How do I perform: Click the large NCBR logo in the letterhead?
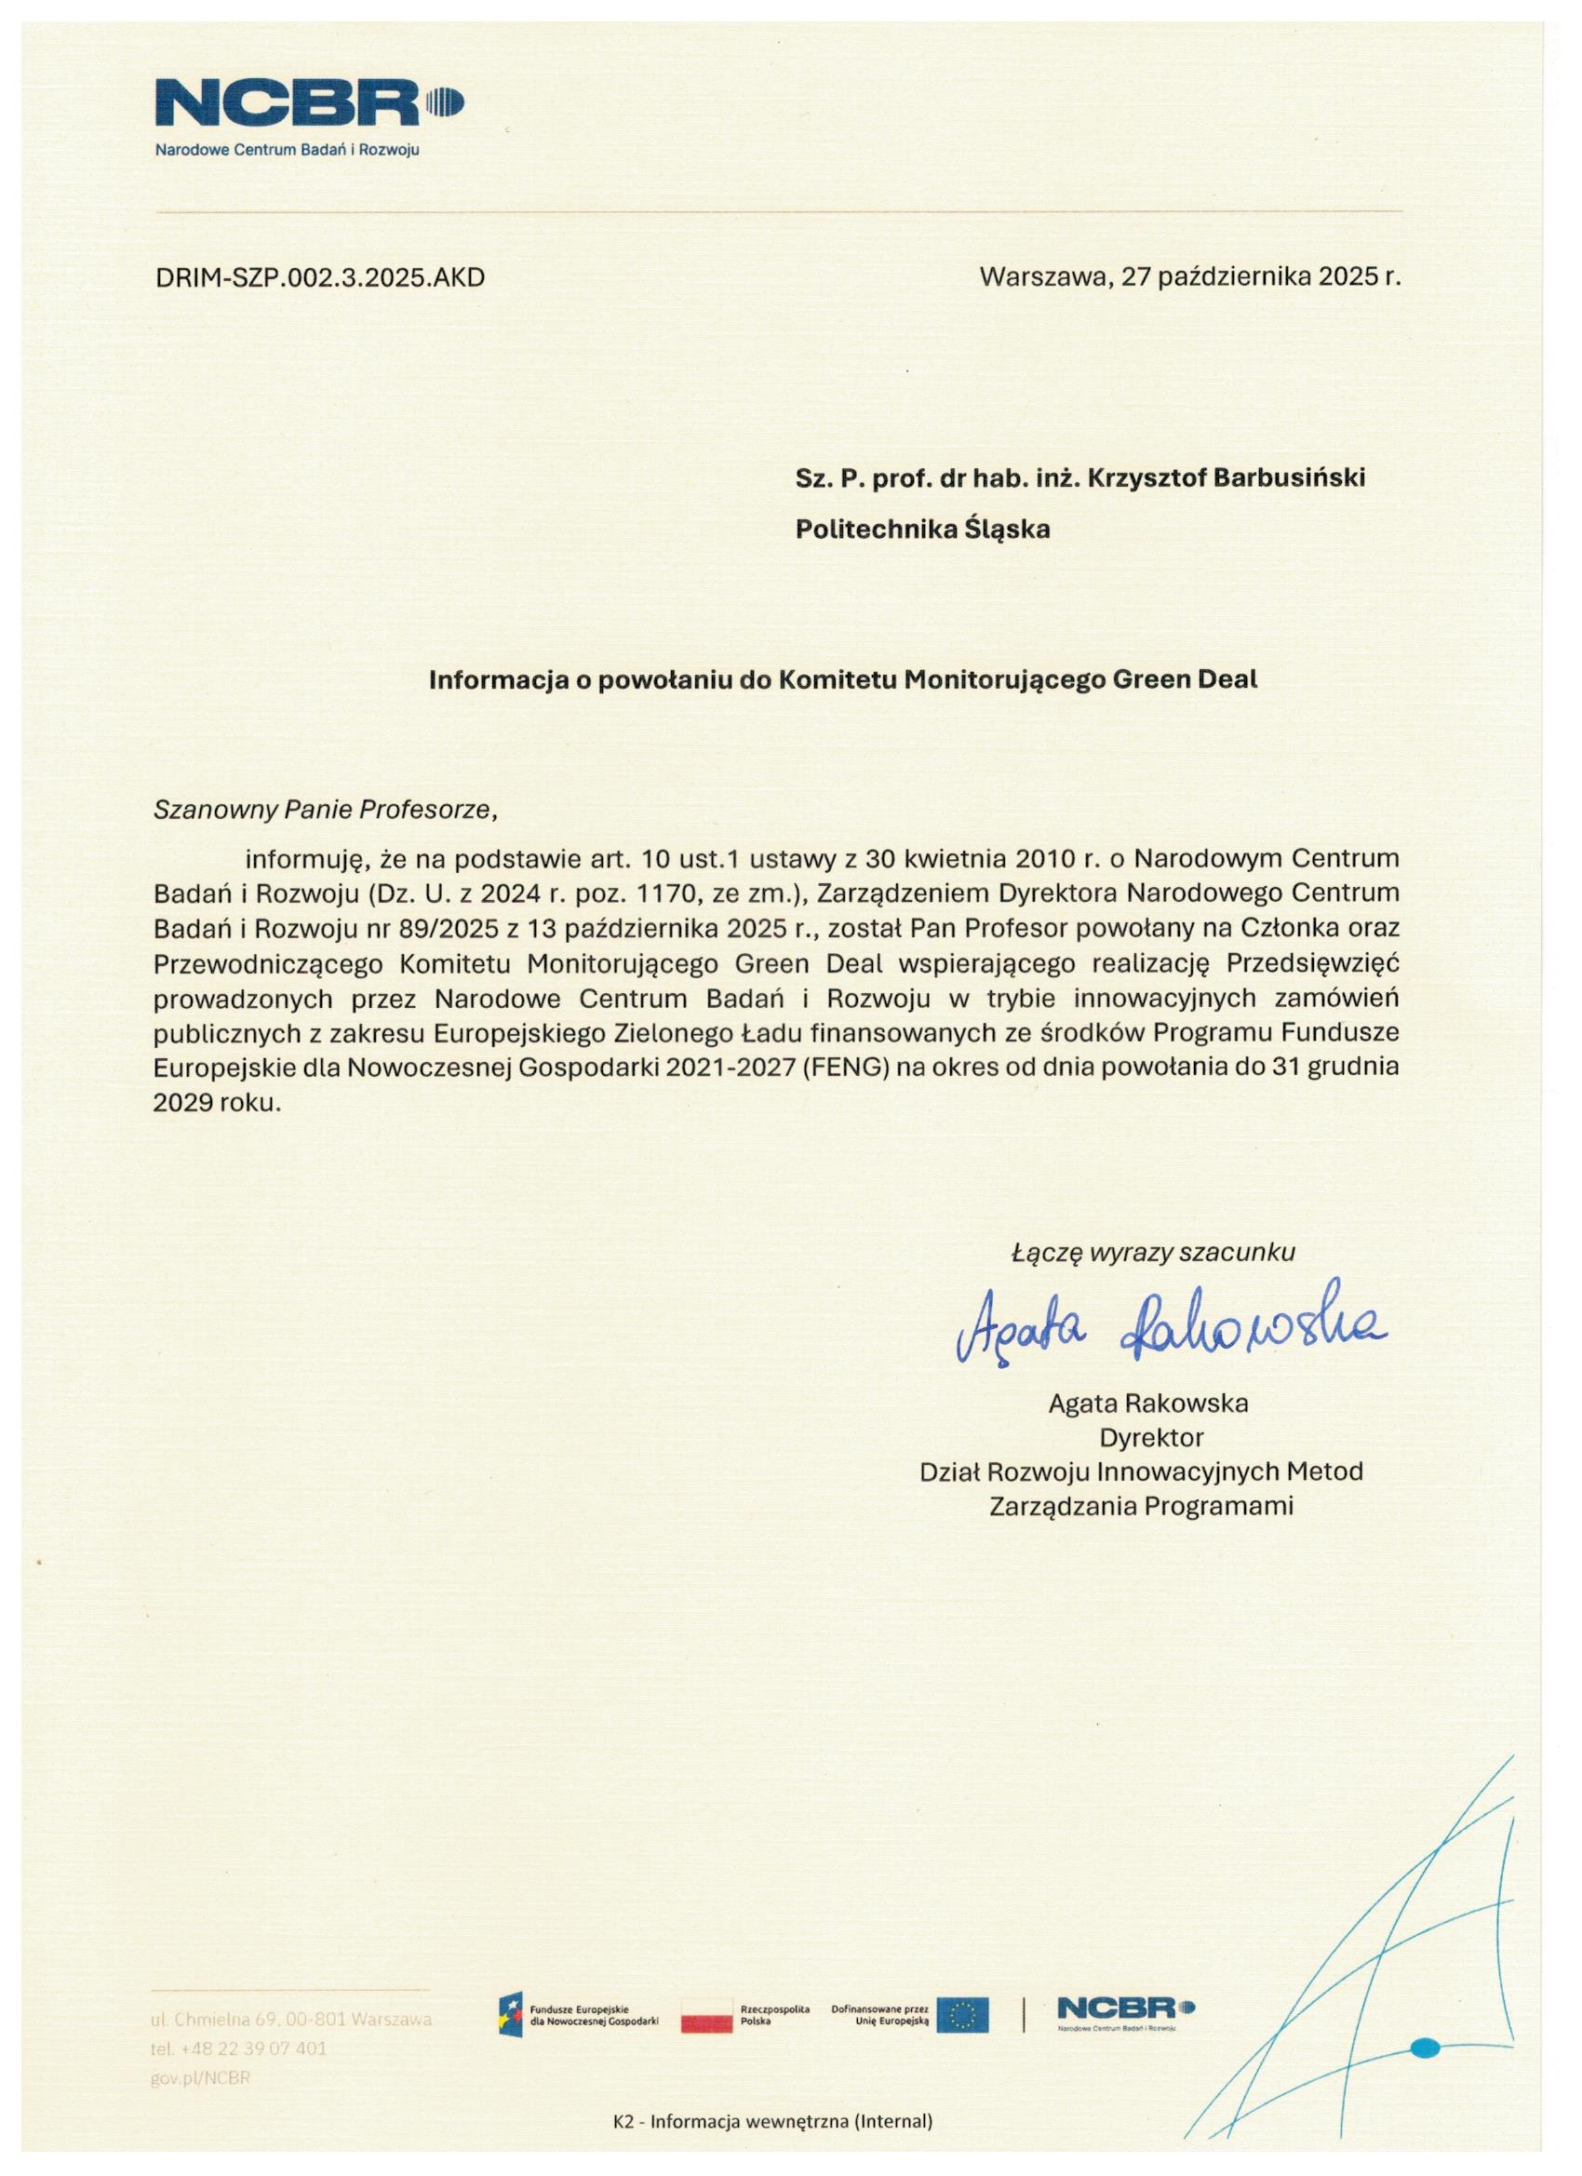tap(309, 104)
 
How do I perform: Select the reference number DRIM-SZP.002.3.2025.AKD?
tap(319, 279)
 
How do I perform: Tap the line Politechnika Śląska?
tap(922, 530)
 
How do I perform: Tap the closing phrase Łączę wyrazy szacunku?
tap(1153, 1252)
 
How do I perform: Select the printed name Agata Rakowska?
tap(1147, 1404)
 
